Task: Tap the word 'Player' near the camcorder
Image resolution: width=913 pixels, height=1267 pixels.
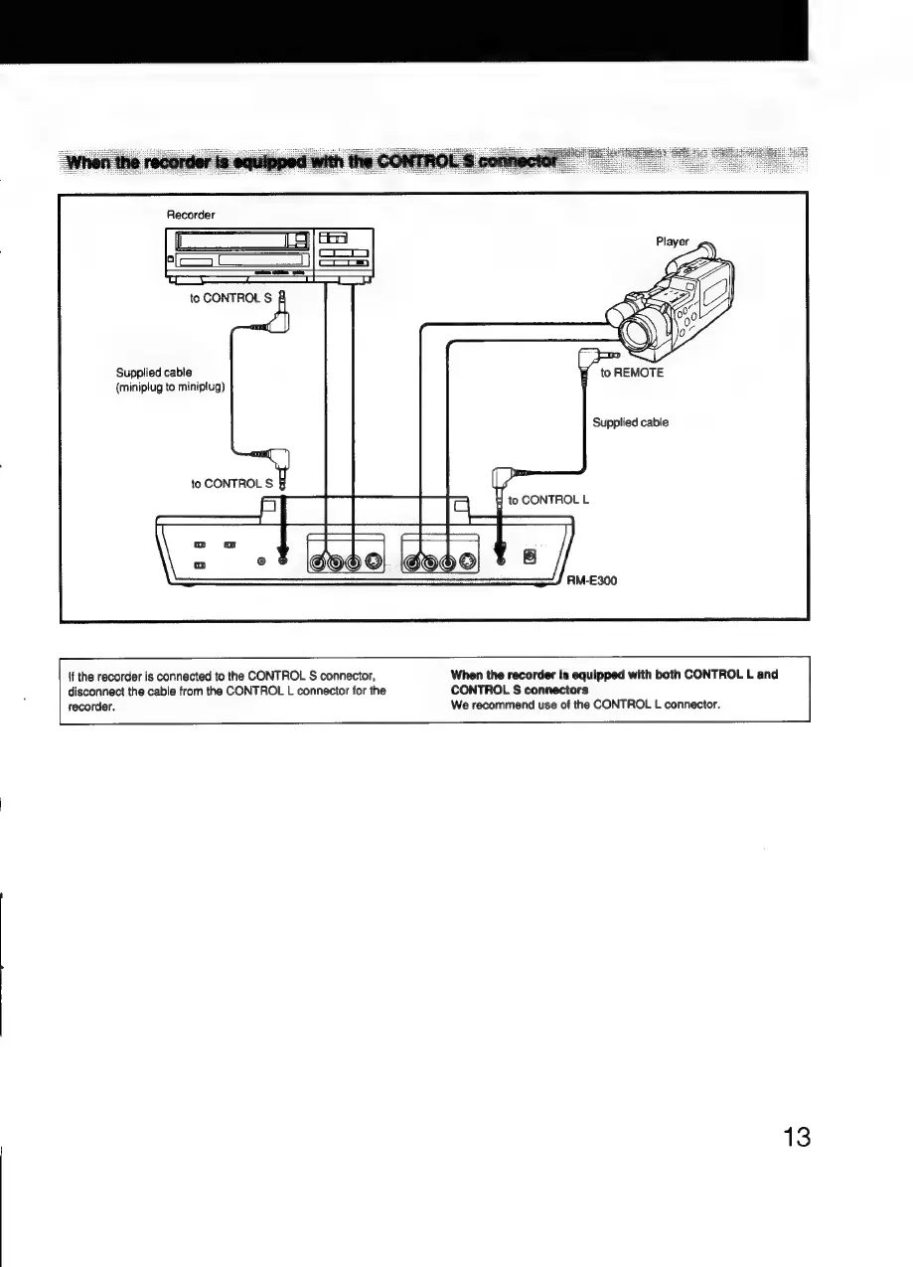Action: click(698, 241)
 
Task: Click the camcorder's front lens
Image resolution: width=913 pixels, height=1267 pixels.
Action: click(632, 329)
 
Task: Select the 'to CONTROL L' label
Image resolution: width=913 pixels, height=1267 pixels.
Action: click(548, 500)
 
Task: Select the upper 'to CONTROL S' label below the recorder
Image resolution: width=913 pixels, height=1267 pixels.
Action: click(231, 296)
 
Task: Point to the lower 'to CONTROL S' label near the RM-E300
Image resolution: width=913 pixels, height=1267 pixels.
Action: click(232, 484)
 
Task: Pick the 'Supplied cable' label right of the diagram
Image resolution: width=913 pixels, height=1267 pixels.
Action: click(630, 422)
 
